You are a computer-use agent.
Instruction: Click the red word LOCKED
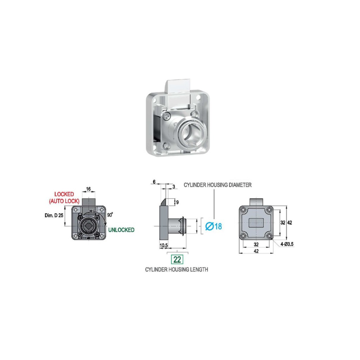point(64,194)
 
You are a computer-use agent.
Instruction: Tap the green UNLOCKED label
point(121,230)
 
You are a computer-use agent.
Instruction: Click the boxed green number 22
point(177,259)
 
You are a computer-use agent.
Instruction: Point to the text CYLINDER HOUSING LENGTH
point(176,270)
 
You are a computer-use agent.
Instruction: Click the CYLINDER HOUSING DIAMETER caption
point(218,185)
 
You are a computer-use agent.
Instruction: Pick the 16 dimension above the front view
point(88,189)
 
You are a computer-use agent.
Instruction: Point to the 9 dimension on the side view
point(177,202)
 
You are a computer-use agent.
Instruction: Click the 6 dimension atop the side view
point(154,182)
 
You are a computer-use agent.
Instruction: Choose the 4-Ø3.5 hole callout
point(287,243)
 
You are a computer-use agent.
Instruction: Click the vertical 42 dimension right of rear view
point(290,223)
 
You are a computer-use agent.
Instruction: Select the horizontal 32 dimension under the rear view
point(256,244)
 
